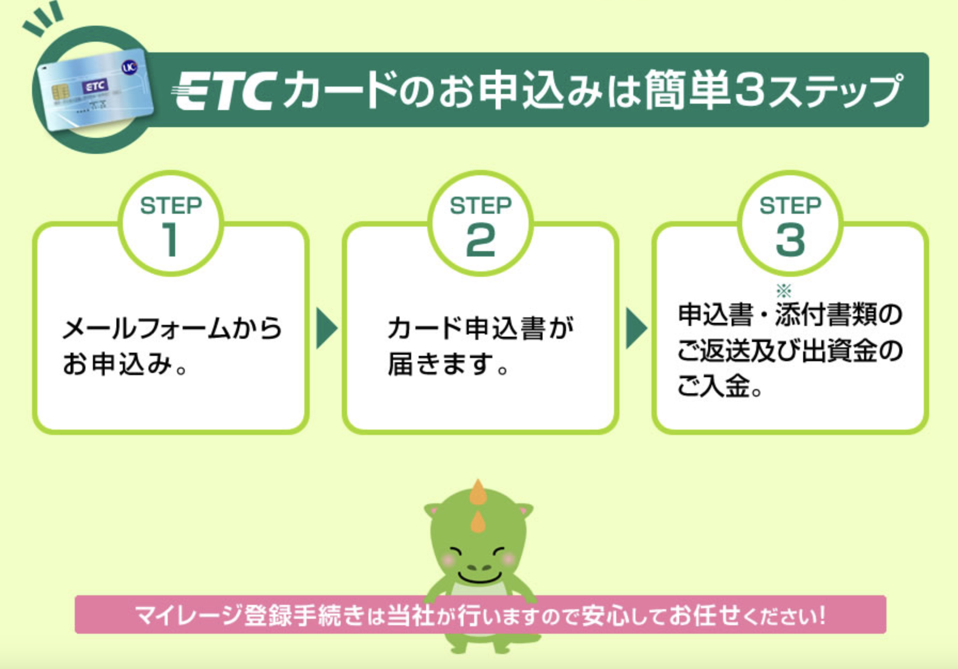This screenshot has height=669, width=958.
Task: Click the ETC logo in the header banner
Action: coord(224,90)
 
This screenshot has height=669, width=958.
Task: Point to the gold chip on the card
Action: coord(60,92)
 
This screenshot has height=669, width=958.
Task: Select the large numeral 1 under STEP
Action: coord(170,239)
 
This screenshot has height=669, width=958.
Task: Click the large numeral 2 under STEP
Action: coord(480,240)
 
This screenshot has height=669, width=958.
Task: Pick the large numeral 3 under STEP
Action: coord(790,240)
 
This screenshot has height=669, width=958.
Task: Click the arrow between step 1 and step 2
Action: coord(326,328)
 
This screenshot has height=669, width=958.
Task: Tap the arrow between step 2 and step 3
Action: coord(636,328)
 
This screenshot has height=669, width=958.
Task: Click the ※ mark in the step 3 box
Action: coord(783,291)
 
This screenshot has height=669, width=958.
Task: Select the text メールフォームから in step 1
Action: coord(172,328)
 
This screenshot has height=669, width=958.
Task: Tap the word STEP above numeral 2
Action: coord(481,206)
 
